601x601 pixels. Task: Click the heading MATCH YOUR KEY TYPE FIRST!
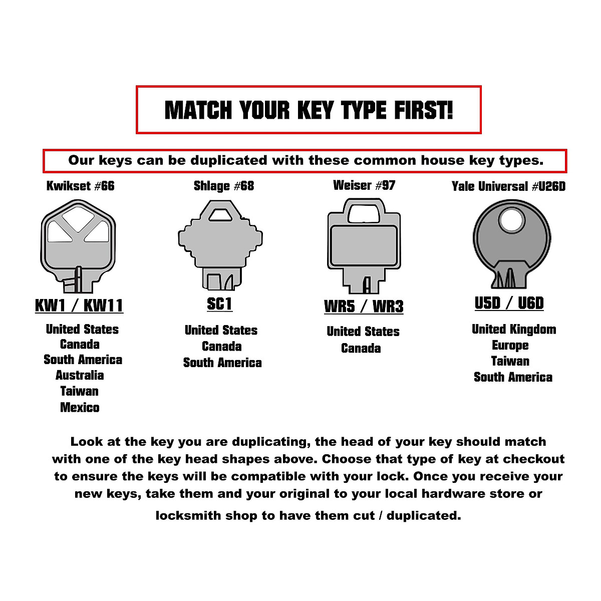309,110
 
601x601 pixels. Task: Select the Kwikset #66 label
80,186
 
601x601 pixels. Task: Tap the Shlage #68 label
223,186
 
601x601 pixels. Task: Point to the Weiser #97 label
364,185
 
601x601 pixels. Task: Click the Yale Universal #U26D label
508,187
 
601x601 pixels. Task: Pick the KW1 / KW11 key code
79,306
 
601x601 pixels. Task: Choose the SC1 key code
219,304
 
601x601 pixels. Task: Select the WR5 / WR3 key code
364,307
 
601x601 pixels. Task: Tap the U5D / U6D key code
509,303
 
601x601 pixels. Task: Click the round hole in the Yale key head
510,220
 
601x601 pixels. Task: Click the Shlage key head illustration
220,245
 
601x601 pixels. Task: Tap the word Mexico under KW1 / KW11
80,407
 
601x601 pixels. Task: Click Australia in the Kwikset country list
80,375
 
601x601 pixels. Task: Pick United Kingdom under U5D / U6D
514,330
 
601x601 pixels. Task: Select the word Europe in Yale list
510,346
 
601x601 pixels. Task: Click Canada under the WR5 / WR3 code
361,348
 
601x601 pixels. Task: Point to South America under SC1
222,363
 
